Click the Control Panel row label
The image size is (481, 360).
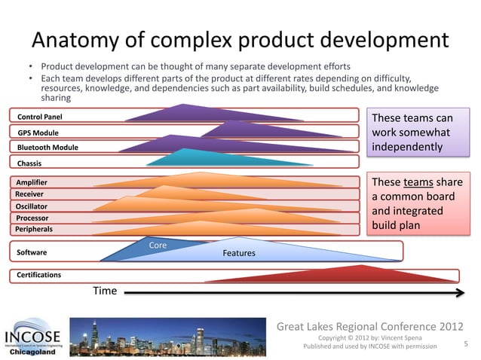tap(35, 117)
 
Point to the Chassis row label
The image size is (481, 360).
tap(29, 163)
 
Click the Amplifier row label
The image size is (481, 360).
tap(32, 182)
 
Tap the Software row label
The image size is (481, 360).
tap(32, 252)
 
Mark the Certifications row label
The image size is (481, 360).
tap(39, 275)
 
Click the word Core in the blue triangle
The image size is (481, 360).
tap(158, 246)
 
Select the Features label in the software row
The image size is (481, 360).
tap(239, 254)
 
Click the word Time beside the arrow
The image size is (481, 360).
tap(105, 291)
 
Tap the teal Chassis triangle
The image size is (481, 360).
tap(185, 159)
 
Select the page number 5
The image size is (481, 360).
tap(466, 343)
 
